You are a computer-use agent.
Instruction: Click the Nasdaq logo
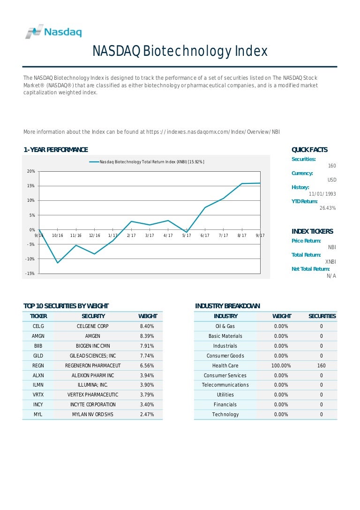click(53, 32)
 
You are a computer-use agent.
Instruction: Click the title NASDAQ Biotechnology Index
click(180, 51)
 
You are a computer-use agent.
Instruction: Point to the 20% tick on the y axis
click(30, 171)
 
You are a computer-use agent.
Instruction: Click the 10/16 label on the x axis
click(58, 236)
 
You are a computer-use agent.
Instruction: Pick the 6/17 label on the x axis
click(205, 236)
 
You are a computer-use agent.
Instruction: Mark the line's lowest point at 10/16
click(58, 263)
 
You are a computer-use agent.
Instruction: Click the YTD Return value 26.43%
click(328, 208)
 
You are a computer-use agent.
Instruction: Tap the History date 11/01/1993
click(322, 194)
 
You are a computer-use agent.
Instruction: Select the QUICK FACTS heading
click(309, 150)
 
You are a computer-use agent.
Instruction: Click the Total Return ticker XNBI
click(330, 261)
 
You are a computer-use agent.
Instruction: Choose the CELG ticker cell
click(38, 326)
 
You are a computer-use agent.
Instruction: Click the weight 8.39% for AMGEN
click(147, 336)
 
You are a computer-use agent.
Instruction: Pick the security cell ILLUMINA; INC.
click(93, 385)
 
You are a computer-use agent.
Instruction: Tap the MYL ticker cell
click(38, 414)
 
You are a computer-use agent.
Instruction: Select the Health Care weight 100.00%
click(281, 365)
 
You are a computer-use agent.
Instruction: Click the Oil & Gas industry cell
click(225, 326)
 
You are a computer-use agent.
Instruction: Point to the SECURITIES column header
click(322, 316)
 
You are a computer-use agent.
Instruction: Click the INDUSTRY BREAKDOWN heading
click(227, 306)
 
